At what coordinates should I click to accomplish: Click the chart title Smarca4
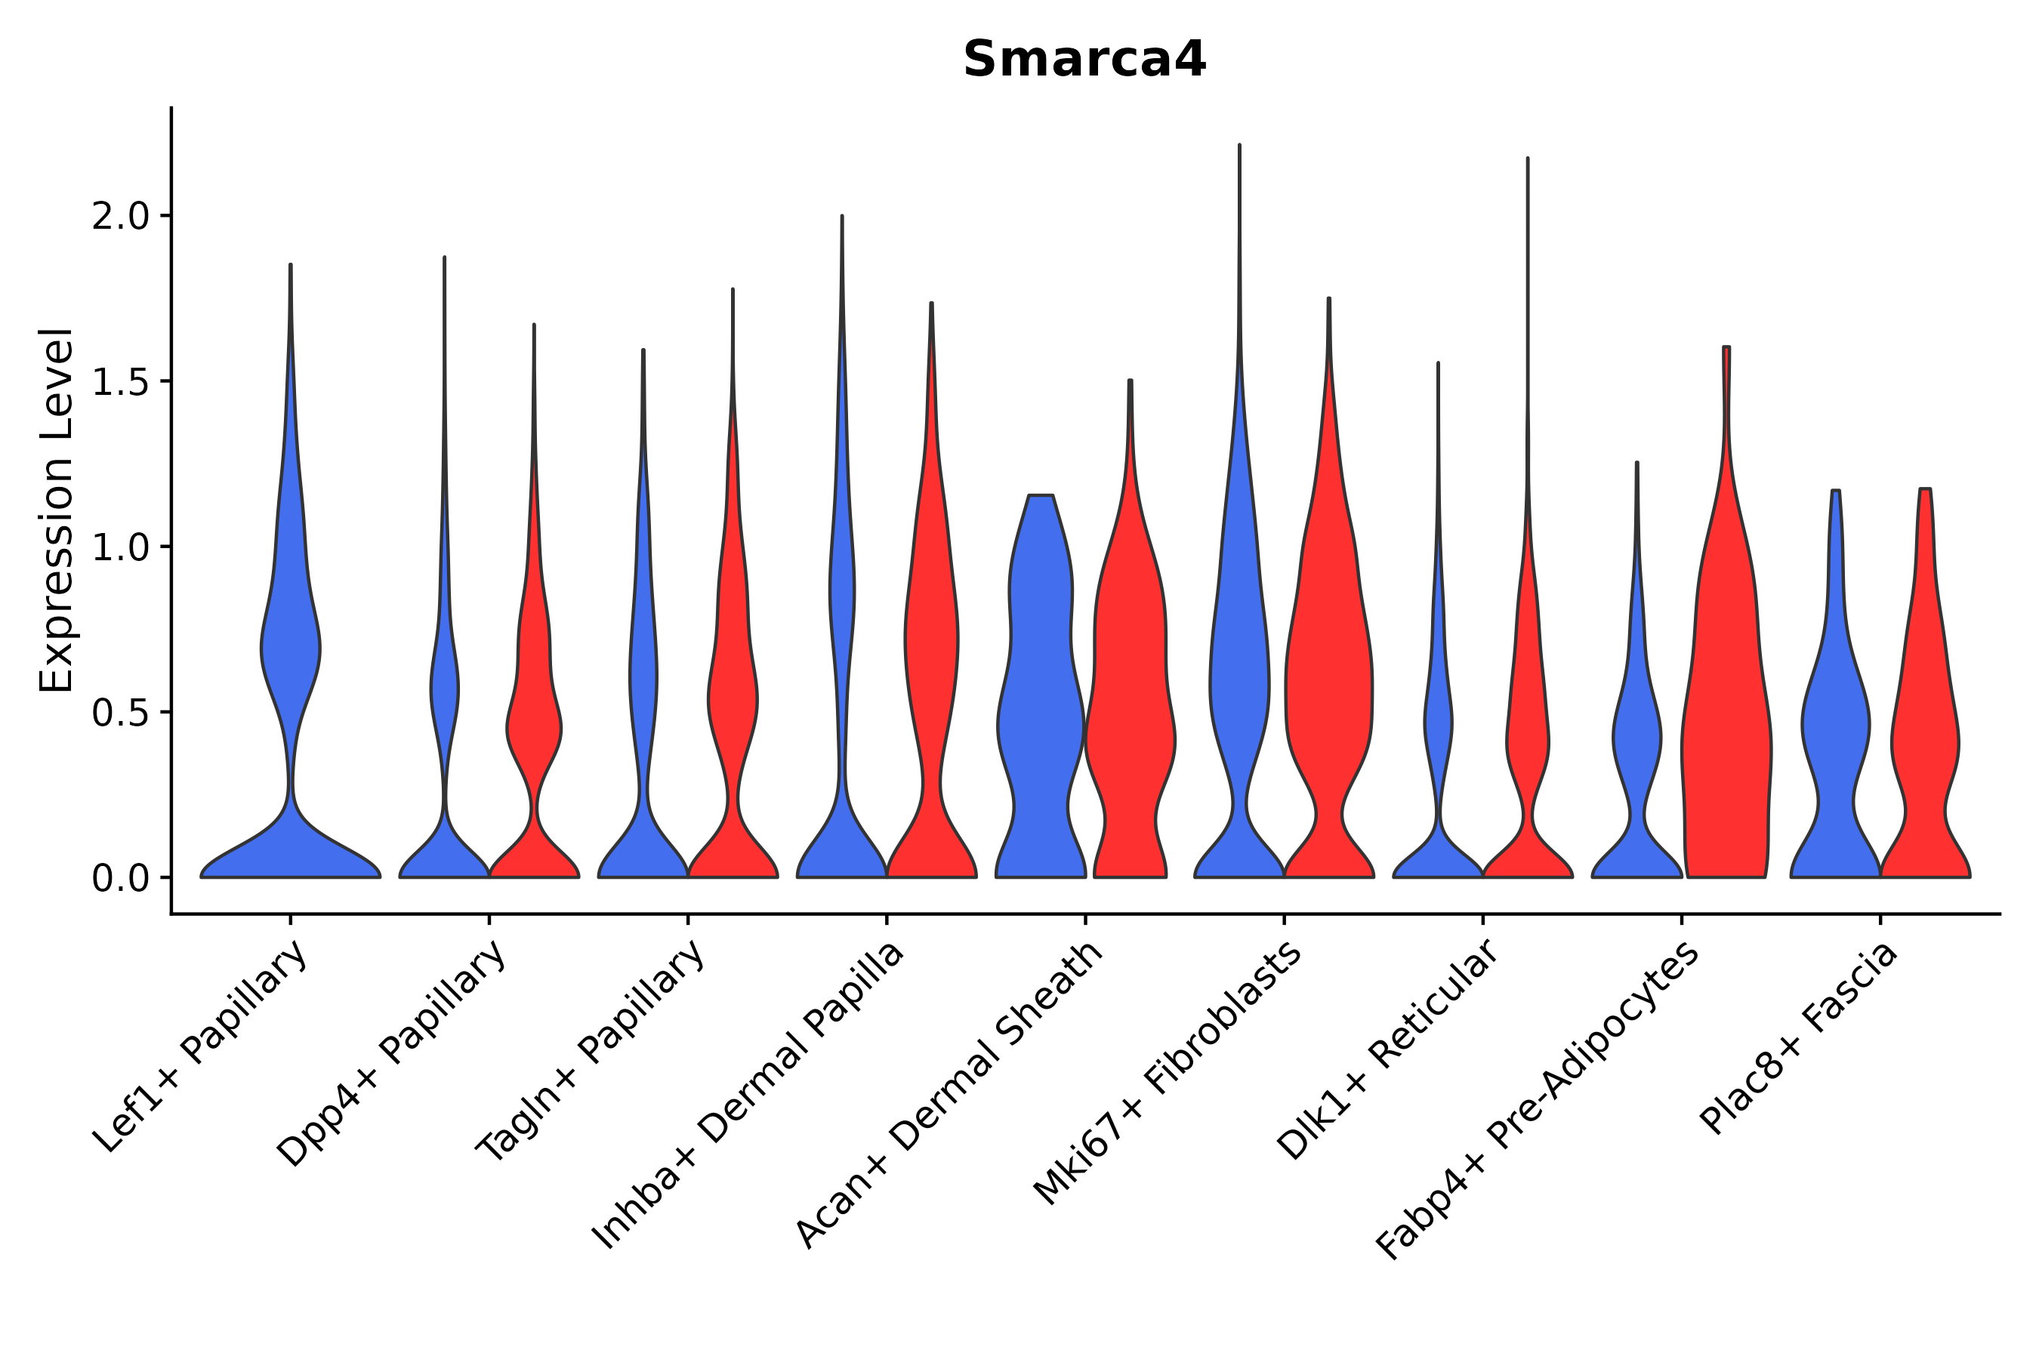click(1084, 60)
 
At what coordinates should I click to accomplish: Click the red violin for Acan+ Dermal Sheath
click(1131, 693)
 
